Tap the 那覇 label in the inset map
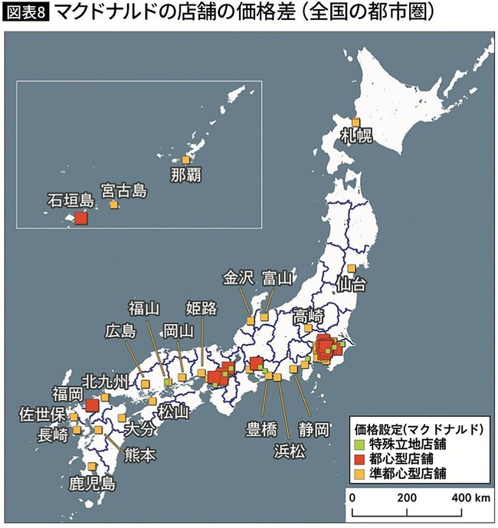[x=185, y=175]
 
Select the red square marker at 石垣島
[x=80, y=218]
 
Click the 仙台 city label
[x=352, y=285]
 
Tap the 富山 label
[x=277, y=277]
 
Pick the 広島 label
[x=121, y=332]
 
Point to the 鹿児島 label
[x=92, y=483]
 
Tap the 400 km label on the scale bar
[x=468, y=497]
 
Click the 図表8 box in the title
[x=26, y=13]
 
